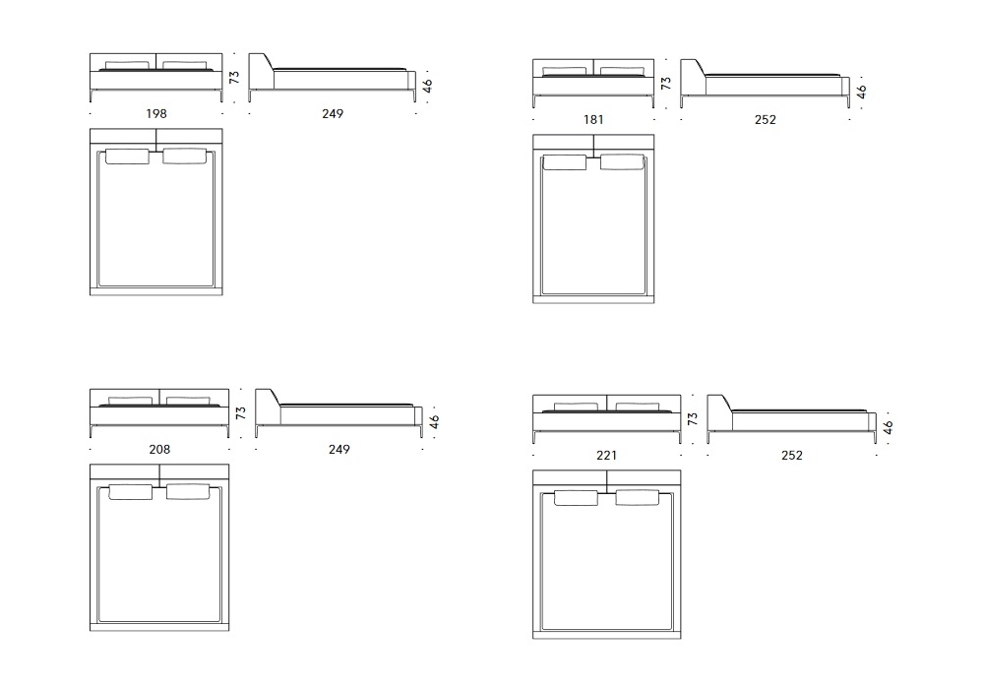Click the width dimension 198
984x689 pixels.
[156, 114]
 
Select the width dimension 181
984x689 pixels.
[593, 120]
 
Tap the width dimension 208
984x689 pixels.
[159, 449]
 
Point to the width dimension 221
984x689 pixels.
[607, 456]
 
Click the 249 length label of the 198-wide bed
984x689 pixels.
[333, 114]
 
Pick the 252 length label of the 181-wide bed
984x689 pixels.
[765, 120]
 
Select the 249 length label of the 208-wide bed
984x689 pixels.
[339, 449]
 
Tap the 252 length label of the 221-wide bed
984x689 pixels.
[791, 456]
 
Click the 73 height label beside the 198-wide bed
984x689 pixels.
[235, 77]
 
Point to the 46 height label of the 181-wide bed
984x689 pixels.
[861, 91]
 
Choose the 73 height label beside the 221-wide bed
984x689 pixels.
[693, 419]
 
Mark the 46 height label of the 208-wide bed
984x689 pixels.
[434, 421]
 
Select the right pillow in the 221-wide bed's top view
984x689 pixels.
[637, 498]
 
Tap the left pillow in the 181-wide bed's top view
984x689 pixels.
[564, 162]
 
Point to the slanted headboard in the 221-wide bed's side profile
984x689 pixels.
[718, 411]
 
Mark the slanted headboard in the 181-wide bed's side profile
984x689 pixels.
[692, 78]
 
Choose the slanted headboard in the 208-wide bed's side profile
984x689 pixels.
[267, 407]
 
